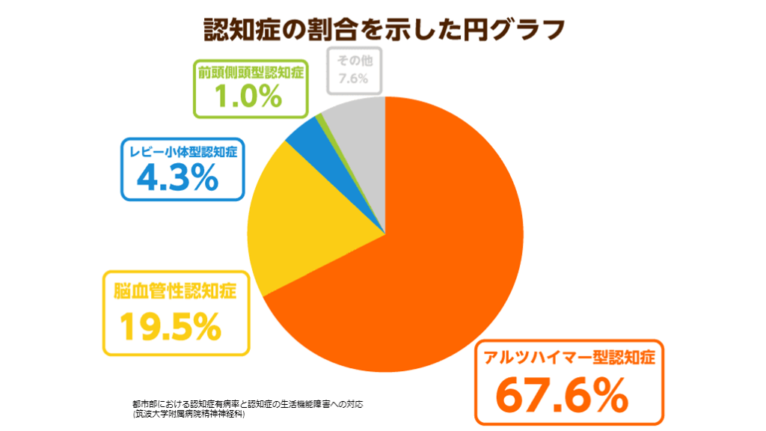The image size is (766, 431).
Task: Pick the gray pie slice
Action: click(359, 127)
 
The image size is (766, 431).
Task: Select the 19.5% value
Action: click(171, 324)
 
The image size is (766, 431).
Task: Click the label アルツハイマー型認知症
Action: click(569, 356)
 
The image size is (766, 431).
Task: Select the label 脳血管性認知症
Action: click(175, 290)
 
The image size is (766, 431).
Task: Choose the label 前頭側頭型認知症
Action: click(250, 73)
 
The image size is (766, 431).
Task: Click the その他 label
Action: click(355, 60)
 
